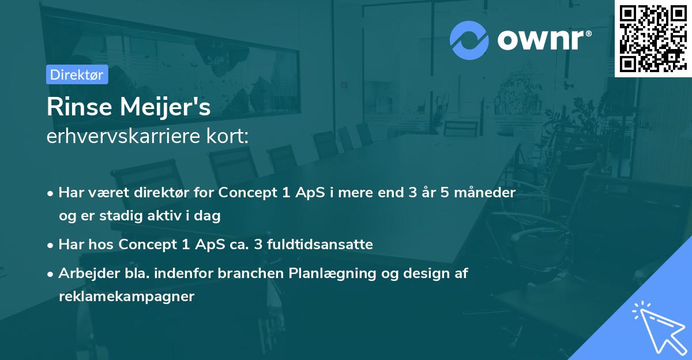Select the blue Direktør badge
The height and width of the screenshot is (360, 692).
[77, 74]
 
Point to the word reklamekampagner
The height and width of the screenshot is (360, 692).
[126, 297]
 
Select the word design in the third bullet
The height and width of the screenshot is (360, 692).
[413, 273]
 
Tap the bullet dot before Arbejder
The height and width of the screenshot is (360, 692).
[51, 274]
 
